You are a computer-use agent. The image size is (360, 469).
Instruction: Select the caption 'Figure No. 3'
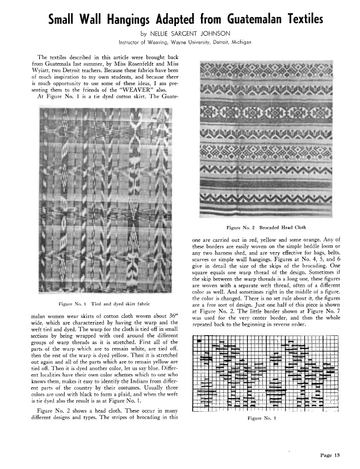pyautogui.click(x=266, y=419)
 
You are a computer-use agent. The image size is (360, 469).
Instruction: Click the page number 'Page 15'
pyautogui.click(x=330, y=455)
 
